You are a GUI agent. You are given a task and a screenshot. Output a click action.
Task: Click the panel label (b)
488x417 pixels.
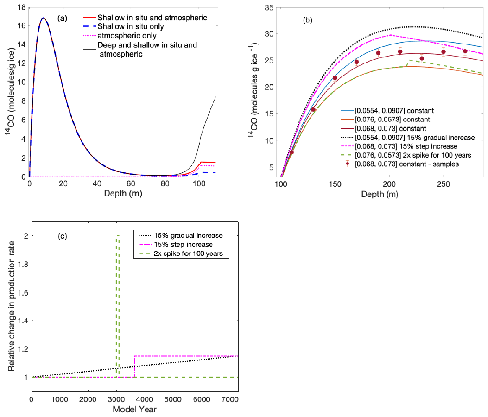pyautogui.click(x=307, y=20)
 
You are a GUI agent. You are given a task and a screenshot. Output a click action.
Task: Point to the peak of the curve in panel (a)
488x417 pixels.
pyautogui.click(x=43, y=18)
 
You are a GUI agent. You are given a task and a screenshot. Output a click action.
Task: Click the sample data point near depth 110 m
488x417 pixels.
pyautogui.click(x=292, y=152)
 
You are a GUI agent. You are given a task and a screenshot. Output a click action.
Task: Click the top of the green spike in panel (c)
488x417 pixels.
pyautogui.click(x=118, y=235)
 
